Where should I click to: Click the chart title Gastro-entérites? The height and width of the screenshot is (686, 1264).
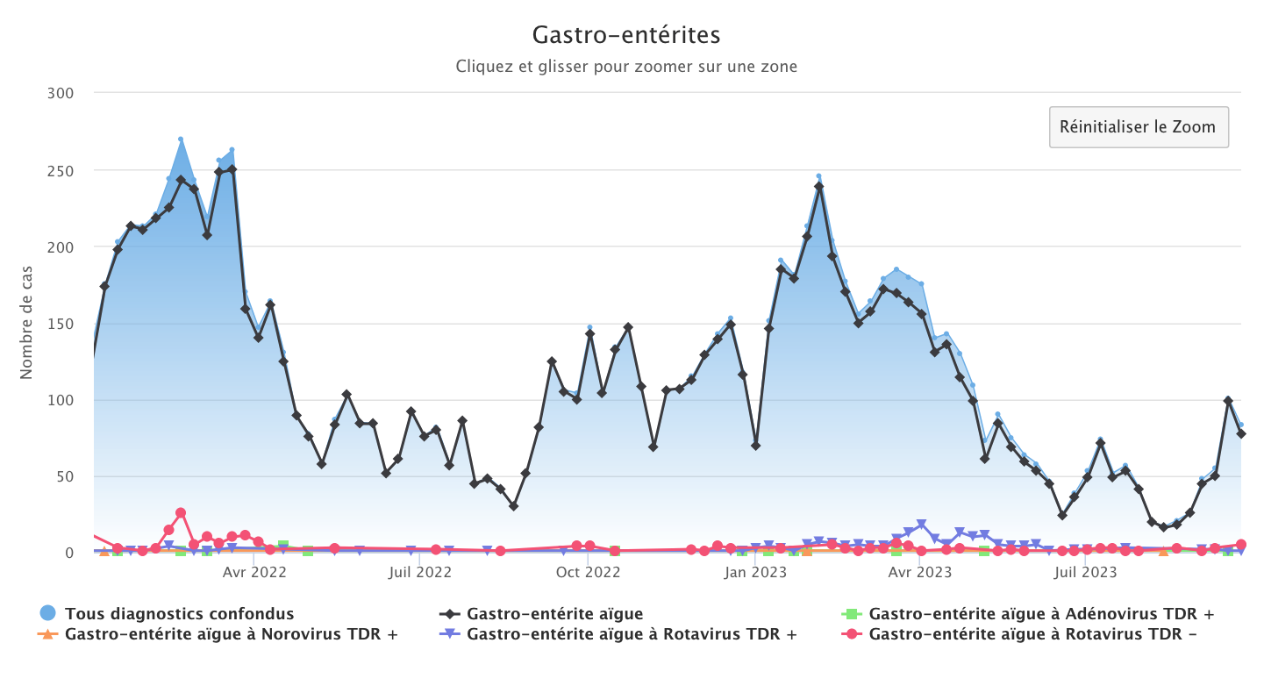tap(626, 35)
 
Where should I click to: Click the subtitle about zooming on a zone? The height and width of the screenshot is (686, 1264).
tap(626, 67)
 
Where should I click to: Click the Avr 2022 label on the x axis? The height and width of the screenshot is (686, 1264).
tap(254, 573)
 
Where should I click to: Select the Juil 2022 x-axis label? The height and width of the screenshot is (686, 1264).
tap(419, 573)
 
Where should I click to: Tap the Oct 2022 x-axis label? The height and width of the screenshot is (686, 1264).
tap(589, 573)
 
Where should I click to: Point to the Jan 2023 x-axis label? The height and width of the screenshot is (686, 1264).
tap(756, 573)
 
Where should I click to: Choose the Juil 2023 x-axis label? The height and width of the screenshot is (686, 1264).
tap(1085, 573)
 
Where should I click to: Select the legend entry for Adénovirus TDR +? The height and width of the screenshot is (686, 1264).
tap(1041, 613)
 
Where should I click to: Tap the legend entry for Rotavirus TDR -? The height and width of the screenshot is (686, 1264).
tap(1032, 633)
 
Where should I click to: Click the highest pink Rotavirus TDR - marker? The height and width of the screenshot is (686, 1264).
tap(181, 513)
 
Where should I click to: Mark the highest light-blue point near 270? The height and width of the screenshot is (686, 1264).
tap(181, 139)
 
